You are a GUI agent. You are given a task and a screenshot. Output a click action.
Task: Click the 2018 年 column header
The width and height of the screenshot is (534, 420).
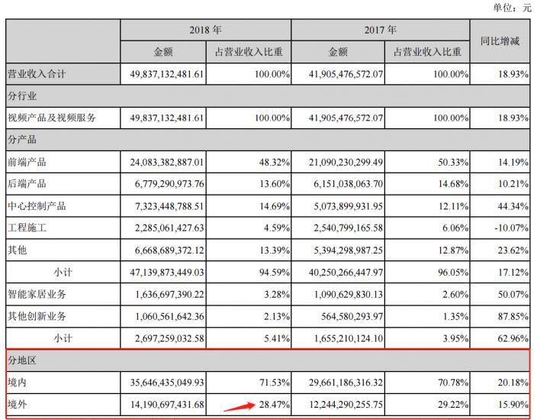[205, 31]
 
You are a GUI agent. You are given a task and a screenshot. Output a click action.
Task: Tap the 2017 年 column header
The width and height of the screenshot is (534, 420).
[381, 31]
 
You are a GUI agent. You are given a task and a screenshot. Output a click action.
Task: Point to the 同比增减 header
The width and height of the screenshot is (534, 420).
[500, 41]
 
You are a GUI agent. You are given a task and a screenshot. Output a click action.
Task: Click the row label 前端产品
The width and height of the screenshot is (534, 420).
[27, 162]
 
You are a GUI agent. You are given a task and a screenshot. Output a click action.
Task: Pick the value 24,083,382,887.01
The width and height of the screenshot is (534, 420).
[162, 162]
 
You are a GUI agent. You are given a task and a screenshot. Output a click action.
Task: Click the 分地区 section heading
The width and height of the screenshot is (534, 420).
[22, 358]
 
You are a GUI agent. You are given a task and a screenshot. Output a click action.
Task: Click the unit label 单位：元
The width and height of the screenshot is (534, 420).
[511, 8]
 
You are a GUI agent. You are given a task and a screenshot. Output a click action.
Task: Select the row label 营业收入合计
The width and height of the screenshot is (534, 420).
[37, 73]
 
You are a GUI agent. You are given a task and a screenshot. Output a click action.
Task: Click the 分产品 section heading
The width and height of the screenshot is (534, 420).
[22, 140]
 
